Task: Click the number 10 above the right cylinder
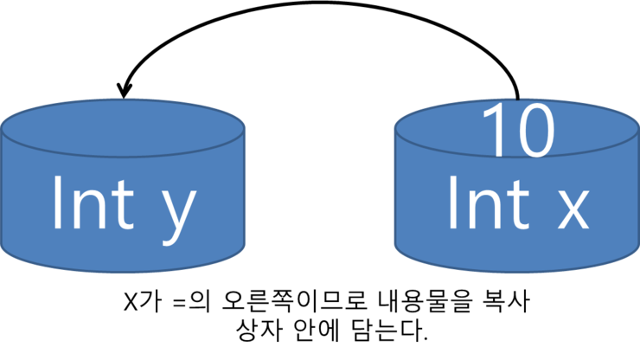click(x=518, y=131)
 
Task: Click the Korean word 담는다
click(x=389, y=331)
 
